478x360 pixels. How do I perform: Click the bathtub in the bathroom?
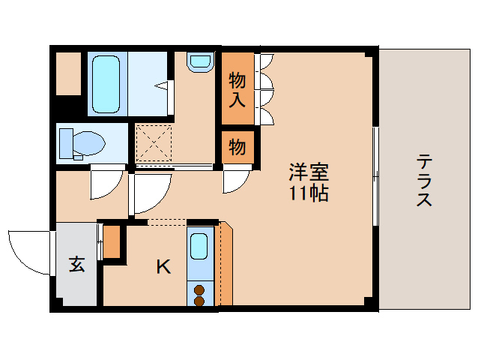click(106, 84)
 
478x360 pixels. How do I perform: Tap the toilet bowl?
click(89, 143)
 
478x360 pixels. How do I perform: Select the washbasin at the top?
click(200, 62)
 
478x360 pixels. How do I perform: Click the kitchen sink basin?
click(199, 247)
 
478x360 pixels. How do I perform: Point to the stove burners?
click(199, 295)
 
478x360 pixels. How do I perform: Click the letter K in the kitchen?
click(163, 267)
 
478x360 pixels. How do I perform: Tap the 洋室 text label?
click(309, 172)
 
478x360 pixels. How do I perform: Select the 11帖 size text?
click(309, 193)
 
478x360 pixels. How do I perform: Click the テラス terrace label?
click(424, 181)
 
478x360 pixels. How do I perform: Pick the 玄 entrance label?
click(76, 263)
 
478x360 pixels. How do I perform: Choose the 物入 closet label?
click(238, 90)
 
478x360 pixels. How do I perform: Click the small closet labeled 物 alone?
click(238, 147)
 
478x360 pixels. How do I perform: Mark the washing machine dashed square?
click(154, 143)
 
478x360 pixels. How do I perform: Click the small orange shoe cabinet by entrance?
click(112, 241)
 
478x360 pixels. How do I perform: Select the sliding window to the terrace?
click(376, 177)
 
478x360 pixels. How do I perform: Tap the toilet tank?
click(66, 143)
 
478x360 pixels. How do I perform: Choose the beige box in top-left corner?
click(69, 73)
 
